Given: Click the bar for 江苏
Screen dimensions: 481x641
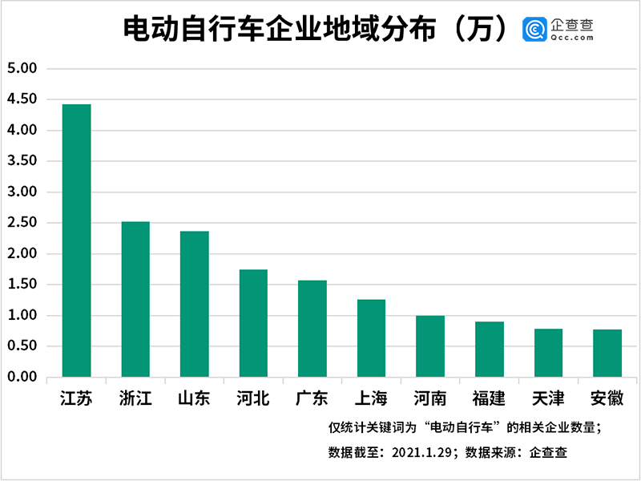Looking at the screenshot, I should (x=76, y=240).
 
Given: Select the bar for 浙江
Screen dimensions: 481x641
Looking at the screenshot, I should (x=135, y=299).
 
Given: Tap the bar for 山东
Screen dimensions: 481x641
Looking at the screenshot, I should (x=195, y=304).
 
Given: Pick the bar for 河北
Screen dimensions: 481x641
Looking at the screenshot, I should (x=254, y=323).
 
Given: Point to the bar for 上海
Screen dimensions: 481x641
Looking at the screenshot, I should (x=371, y=338).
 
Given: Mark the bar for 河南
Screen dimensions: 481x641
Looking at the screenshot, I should (x=430, y=346).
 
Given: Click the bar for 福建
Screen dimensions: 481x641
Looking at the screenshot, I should (x=490, y=350).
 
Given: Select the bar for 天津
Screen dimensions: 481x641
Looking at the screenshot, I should (x=548, y=353).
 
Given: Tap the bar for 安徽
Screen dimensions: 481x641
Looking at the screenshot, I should (x=607, y=354).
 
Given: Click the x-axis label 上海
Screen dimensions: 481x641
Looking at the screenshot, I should (x=371, y=398).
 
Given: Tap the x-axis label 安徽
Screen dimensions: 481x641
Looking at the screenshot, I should (x=607, y=398).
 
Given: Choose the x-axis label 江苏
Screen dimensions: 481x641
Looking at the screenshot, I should (x=76, y=398).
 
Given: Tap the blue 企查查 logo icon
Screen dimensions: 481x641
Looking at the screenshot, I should (x=534, y=30).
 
